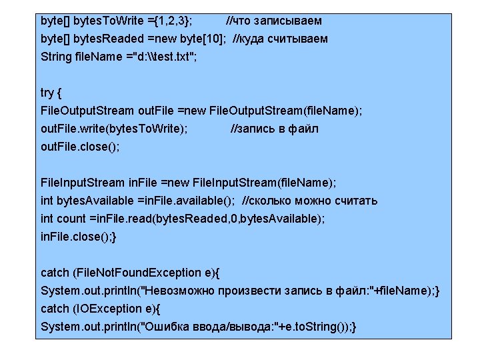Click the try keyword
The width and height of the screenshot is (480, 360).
pyautogui.click(x=48, y=93)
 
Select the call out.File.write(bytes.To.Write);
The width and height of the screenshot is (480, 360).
pyautogui.click(x=114, y=129)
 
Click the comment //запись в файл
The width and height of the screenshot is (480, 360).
pyautogui.click(x=275, y=129)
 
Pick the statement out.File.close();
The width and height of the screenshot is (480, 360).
pyautogui.click(x=80, y=146)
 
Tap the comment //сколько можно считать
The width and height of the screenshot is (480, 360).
pyautogui.click(x=309, y=201)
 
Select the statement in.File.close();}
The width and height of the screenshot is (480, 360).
pyautogui.click(x=79, y=236)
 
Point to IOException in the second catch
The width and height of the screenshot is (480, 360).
pyautogui.click(x=110, y=309)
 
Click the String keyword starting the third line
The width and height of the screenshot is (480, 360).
pyautogui.click(x=55, y=56)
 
